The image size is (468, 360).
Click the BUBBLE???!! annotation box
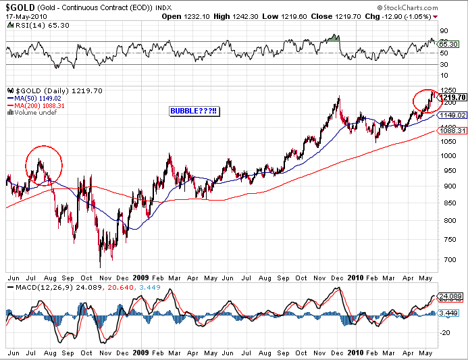(194, 111)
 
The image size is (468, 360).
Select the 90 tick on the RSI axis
(444, 31)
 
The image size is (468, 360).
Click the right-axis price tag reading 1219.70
(452, 98)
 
